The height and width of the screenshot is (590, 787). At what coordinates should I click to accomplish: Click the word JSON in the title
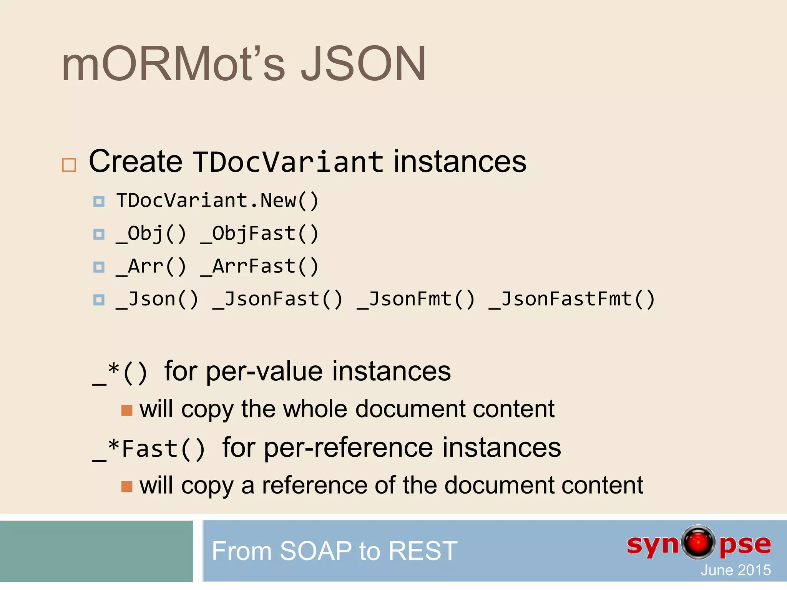coord(363,64)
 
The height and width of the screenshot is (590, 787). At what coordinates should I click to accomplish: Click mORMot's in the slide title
coord(173,64)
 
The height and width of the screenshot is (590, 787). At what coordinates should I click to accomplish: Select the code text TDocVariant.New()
coord(218,201)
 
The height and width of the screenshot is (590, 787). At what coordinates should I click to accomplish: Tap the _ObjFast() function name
coord(260,234)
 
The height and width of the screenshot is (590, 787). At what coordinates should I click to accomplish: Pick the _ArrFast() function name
coord(260,266)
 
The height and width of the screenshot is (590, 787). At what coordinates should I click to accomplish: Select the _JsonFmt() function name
coord(416,299)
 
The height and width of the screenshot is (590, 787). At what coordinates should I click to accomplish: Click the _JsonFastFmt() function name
coord(571,299)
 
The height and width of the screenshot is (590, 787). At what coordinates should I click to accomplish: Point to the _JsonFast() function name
coord(277,299)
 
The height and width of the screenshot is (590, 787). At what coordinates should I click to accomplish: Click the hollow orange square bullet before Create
coord(69,165)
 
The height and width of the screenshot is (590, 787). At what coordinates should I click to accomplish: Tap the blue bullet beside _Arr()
coord(99,267)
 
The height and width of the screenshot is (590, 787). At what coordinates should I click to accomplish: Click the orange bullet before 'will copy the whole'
coord(126,410)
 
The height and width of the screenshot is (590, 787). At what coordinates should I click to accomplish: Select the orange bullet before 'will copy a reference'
coord(126,487)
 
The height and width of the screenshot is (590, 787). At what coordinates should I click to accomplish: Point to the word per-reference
coord(348,448)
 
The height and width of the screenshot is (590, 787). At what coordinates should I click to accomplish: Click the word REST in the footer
coord(423,551)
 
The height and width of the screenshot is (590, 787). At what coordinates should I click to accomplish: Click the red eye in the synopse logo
coord(698,542)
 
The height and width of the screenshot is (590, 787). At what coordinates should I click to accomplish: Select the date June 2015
coord(736,570)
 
